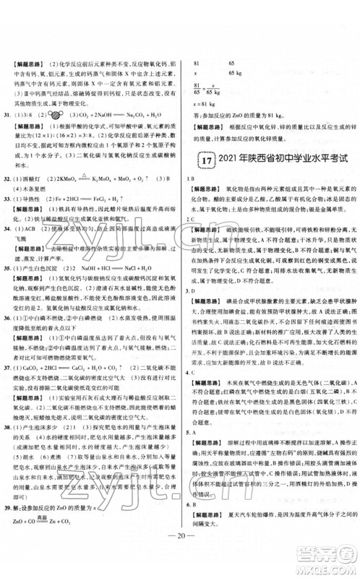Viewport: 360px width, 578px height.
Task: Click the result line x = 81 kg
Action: click(x=202, y=111)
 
